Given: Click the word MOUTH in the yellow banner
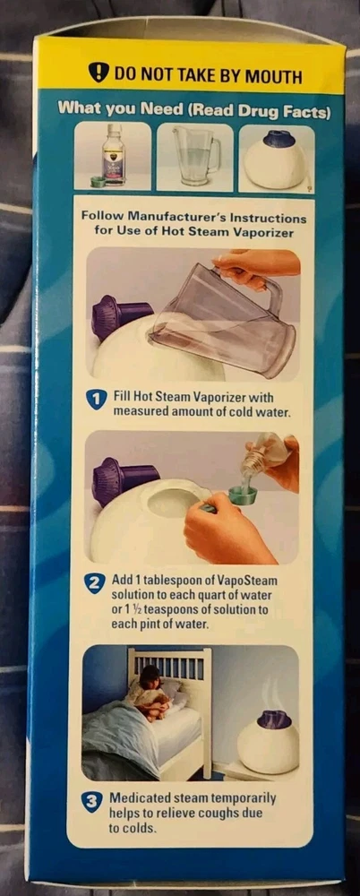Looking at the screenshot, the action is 274,76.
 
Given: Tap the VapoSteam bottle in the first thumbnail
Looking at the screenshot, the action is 113,154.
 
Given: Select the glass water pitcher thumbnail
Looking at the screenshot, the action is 196,155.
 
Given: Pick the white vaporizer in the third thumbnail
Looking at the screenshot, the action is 276,161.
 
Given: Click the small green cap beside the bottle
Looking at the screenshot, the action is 99,182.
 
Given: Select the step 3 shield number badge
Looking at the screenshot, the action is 90,803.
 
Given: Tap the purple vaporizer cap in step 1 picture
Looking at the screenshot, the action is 119,317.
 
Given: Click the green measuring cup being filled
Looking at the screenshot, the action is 243,495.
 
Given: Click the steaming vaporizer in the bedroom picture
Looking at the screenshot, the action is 268,742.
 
